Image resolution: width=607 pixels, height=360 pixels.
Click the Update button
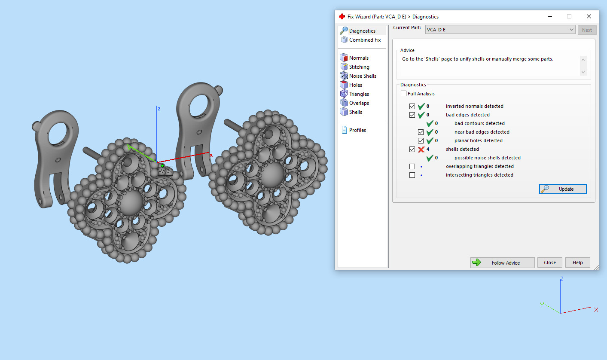(563, 189)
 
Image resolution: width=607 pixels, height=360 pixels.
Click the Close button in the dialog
(549, 262)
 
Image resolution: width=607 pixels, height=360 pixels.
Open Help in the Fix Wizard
(577, 262)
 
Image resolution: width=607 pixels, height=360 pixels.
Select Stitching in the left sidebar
(359, 67)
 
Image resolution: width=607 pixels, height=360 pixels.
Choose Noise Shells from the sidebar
(362, 76)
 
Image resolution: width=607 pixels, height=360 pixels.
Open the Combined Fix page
(364, 40)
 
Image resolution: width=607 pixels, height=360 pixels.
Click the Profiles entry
(357, 130)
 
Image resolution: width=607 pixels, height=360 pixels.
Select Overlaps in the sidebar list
(359, 103)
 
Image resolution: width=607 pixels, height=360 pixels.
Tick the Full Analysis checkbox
(403, 94)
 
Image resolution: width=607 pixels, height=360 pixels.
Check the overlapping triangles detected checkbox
(412, 166)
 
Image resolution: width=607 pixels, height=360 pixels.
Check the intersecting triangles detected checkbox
(412, 175)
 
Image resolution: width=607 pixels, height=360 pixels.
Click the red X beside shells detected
(421, 149)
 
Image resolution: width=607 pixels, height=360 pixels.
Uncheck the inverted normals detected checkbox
(412, 106)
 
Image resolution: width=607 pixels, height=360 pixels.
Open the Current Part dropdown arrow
(571, 30)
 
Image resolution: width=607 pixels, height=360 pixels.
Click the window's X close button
(589, 16)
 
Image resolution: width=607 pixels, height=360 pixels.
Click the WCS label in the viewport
(165, 171)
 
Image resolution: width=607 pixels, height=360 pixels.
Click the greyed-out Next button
(587, 30)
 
